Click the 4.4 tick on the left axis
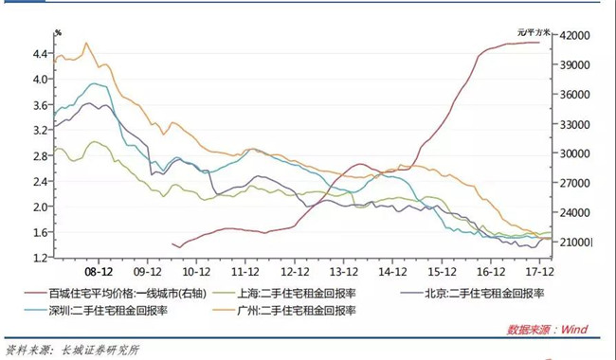point(42,53)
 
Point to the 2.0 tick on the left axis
point(42,207)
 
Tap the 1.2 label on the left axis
point(42,258)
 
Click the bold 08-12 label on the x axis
point(99,272)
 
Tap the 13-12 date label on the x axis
point(344,272)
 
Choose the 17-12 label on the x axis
point(540,272)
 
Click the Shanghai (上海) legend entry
point(284,294)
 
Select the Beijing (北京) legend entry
point(473,294)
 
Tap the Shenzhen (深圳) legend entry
point(97,311)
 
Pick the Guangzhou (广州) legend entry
point(284,311)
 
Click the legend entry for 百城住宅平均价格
point(116,294)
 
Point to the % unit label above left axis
point(58,33)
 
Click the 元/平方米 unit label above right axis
point(534,32)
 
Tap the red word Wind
point(574,329)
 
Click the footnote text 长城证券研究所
point(100,350)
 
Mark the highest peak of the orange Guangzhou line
point(86,43)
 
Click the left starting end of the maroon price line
point(172,243)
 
